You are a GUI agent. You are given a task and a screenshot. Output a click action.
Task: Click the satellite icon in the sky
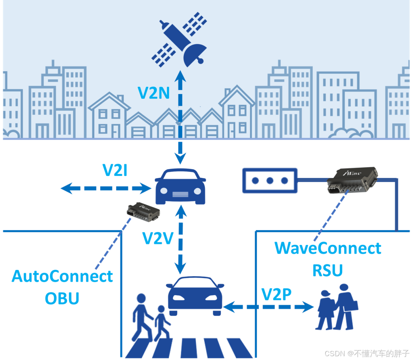[x=179, y=40]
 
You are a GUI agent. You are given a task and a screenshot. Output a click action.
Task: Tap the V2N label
[x=154, y=93]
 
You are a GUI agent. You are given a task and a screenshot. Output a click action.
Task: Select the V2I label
[x=115, y=171]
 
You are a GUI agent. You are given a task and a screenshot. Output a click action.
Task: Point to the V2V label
[x=158, y=238]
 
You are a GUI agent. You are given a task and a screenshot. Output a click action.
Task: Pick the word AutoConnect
[x=62, y=276]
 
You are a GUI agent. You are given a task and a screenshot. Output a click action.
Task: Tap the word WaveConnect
[x=328, y=248]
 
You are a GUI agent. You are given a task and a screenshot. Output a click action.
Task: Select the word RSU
[x=327, y=270]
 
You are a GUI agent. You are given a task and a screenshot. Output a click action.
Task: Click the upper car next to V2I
[x=181, y=187]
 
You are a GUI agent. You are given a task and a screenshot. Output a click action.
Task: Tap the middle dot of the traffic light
[x=270, y=180]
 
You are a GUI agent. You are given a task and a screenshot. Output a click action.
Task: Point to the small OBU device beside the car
[x=143, y=213]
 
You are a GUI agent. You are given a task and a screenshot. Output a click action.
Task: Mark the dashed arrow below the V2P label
[x=268, y=306]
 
